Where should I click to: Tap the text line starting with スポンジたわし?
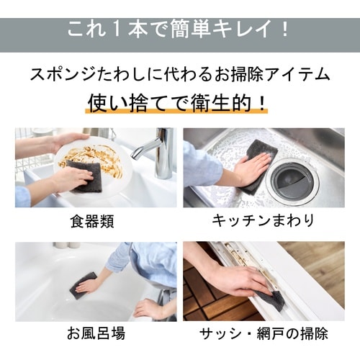pyautogui.click(x=179, y=75)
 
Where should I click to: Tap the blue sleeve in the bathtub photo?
pyautogui.click(x=144, y=259)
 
